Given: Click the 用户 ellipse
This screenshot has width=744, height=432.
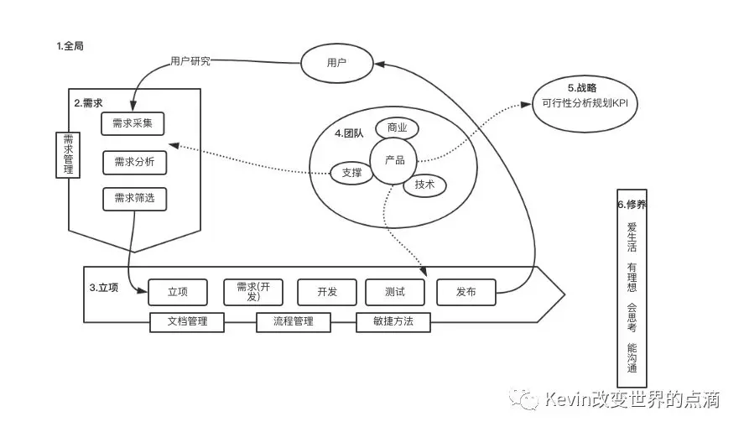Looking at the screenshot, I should pos(336,63).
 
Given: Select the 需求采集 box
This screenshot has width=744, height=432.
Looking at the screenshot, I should pos(133,124).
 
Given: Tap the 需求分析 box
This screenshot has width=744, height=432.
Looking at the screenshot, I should pos(133,162).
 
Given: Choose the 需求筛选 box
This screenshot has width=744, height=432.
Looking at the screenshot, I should pos(133,200).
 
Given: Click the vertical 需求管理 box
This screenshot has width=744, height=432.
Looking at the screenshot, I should pos(68,154).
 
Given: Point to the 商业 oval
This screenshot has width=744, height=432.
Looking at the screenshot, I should pos(397,128).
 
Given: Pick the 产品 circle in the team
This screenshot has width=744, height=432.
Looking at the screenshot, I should pos(394,159).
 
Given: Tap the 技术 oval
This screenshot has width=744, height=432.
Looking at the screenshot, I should pos(424,185).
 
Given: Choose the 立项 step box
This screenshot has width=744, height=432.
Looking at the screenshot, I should pos(177,291).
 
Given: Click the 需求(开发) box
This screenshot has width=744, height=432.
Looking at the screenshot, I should pos(252,291).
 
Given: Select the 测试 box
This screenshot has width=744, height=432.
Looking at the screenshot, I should pos(394,291).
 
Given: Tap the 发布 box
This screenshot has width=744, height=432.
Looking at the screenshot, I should pos(466,291).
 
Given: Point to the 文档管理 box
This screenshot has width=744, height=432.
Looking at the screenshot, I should pos(187,321).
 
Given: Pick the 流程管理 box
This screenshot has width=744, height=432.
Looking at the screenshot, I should pos(293,321).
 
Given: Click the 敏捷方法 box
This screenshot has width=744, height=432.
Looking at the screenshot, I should pos(393,321).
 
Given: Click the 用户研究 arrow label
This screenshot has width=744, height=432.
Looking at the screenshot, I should pos(190,60).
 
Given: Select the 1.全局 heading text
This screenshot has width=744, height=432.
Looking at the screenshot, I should pos(70,46).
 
